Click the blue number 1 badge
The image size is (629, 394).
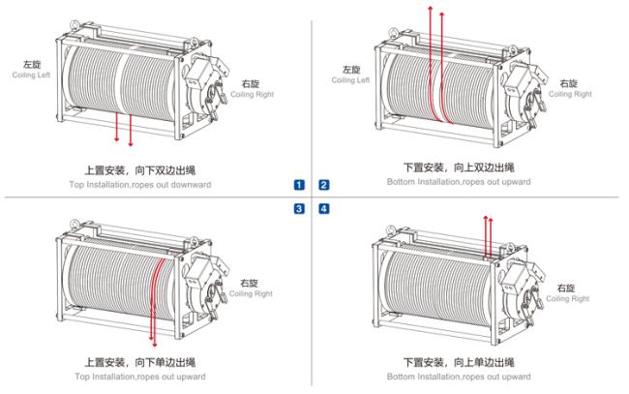[x=299, y=185]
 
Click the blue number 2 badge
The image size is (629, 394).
[x=324, y=185]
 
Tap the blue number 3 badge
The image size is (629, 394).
[x=299, y=209]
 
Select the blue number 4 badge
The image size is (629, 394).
[x=324, y=209]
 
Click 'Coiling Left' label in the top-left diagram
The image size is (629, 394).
[x=31, y=76]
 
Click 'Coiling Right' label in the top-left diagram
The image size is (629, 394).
[x=253, y=94]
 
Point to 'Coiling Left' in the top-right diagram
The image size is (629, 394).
[x=350, y=80]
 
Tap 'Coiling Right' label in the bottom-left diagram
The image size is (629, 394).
[x=251, y=293]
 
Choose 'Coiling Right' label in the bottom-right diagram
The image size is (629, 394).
[x=568, y=298]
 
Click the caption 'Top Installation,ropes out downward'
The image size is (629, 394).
[x=140, y=185]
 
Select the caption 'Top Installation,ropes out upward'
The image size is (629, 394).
[x=140, y=377]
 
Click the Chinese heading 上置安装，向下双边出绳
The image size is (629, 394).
[x=140, y=170]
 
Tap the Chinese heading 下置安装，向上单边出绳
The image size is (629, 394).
[x=459, y=362]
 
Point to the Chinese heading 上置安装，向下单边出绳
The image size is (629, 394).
[x=140, y=362]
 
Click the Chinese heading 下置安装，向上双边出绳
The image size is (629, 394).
[x=459, y=167]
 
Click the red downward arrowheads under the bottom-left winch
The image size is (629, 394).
[x=153, y=342]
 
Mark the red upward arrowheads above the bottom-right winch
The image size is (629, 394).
[x=488, y=218]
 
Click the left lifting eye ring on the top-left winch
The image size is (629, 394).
[x=75, y=24]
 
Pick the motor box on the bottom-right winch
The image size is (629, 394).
[x=517, y=277]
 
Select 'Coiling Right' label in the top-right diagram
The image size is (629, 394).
[x=570, y=94]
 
